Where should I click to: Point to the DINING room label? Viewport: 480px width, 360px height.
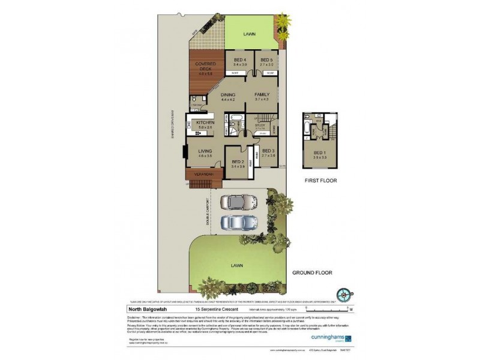tap(228, 95)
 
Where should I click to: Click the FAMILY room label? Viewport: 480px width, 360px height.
tap(262, 95)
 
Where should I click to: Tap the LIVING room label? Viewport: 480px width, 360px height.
tap(205, 152)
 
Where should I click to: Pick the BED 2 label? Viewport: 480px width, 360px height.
tap(238, 162)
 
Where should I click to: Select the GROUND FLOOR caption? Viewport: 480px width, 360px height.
tap(312, 272)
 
